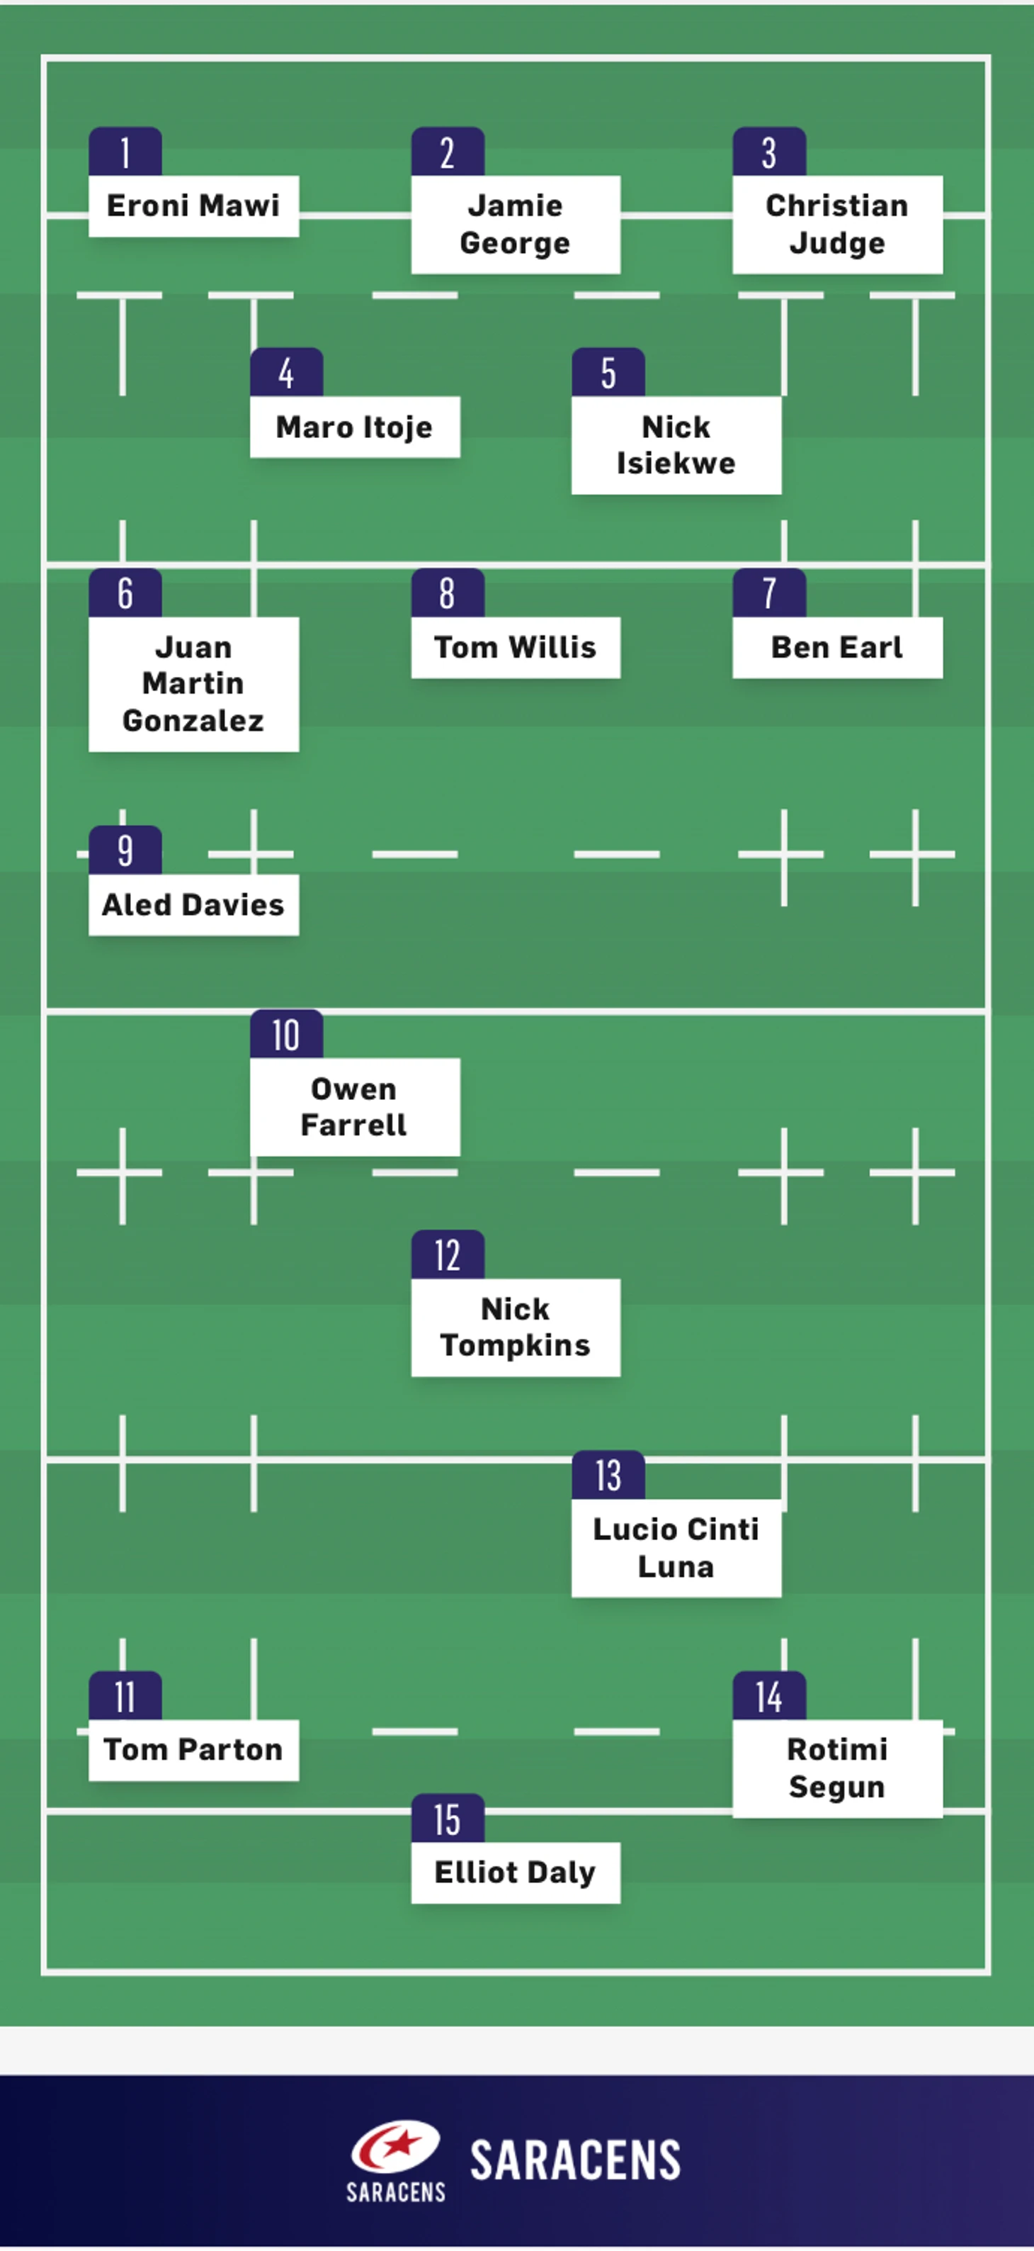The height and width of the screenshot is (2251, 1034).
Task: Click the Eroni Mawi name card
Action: click(x=193, y=206)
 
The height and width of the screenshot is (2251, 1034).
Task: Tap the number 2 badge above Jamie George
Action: click(x=447, y=152)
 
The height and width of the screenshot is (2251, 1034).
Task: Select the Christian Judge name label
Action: click(x=836, y=225)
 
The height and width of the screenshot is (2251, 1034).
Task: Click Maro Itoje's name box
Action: click(x=355, y=427)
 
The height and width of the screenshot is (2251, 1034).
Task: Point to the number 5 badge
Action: click(x=608, y=372)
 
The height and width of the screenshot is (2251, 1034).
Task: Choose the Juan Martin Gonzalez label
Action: click(x=193, y=683)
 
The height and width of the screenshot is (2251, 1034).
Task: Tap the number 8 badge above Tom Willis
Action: click(x=447, y=593)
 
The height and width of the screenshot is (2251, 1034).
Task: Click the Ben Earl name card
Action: click(x=836, y=648)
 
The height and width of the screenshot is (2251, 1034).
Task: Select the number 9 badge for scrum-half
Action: click(x=125, y=851)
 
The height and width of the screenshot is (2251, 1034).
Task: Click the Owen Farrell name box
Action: click(x=355, y=1107)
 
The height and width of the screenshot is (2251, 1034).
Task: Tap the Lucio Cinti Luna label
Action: click(x=676, y=1548)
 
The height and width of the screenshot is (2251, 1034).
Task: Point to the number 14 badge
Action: click(x=768, y=1696)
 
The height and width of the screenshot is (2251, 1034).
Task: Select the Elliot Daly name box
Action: click(x=516, y=1873)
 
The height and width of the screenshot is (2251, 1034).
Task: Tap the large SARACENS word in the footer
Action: click(x=576, y=2160)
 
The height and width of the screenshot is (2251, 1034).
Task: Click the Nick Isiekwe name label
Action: click(x=676, y=446)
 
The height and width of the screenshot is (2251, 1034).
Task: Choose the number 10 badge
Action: click(x=285, y=1035)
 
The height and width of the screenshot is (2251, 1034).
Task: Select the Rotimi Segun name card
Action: click(x=836, y=1768)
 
